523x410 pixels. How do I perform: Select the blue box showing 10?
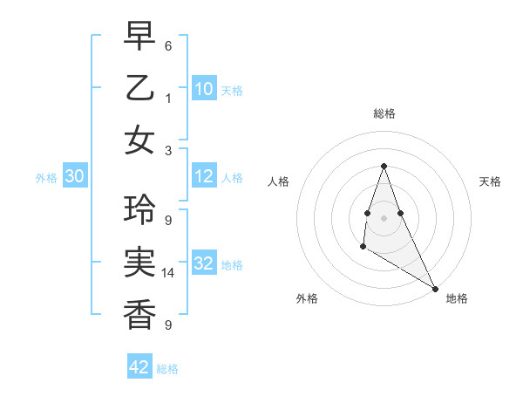(204, 89)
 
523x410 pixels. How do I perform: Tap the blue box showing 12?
(204, 177)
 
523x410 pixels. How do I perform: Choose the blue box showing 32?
(204, 264)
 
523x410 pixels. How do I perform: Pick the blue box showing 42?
(139, 367)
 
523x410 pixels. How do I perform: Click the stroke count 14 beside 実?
(168, 273)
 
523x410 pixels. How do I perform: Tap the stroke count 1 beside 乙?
(168, 99)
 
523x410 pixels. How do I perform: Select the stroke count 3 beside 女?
(168, 150)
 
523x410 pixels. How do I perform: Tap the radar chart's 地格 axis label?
(457, 298)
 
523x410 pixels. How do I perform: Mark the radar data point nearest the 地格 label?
(435, 288)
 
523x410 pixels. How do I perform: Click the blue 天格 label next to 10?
(232, 90)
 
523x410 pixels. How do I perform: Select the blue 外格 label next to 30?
(46, 178)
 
